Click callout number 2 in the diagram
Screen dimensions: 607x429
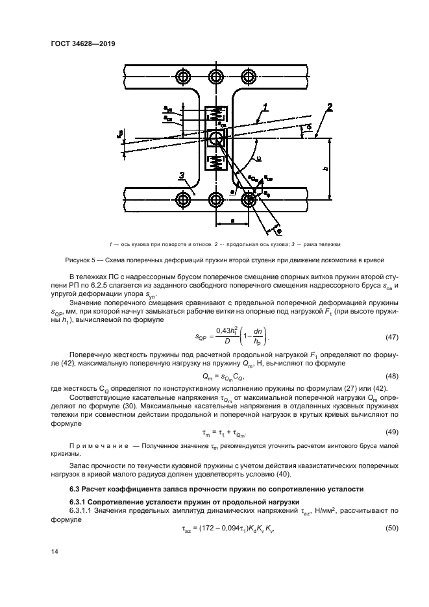point(330,107)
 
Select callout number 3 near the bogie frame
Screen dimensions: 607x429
point(184,175)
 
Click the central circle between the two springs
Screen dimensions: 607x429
point(215,138)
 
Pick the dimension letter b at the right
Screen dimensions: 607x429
point(325,167)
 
